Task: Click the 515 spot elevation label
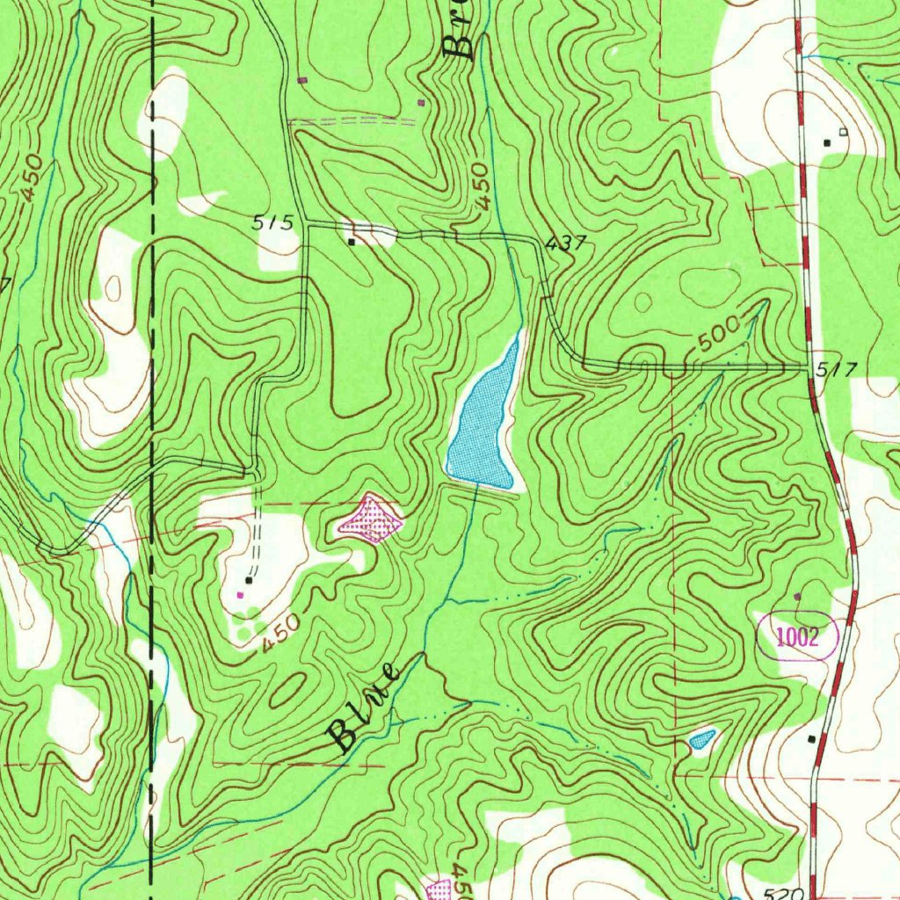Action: click(x=273, y=223)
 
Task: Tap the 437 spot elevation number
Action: click(x=565, y=244)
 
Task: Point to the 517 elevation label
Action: click(x=834, y=370)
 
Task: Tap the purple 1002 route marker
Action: click(x=797, y=637)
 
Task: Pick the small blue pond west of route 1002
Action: click(x=700, y=739)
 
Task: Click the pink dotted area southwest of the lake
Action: click(x=371, y=519)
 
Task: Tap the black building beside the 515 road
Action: click(x=352, y=241)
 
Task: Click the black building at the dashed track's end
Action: click(x=250, y=580)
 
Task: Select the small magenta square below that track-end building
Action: click(x=240, y=595)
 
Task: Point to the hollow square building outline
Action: click(x=843, y=132)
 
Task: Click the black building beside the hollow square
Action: click(x=826, y=142)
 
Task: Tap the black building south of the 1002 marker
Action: click(x=810, y=739)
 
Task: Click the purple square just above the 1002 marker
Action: click(x=797, y=597)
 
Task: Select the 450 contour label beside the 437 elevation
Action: click(x=480, y=186)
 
